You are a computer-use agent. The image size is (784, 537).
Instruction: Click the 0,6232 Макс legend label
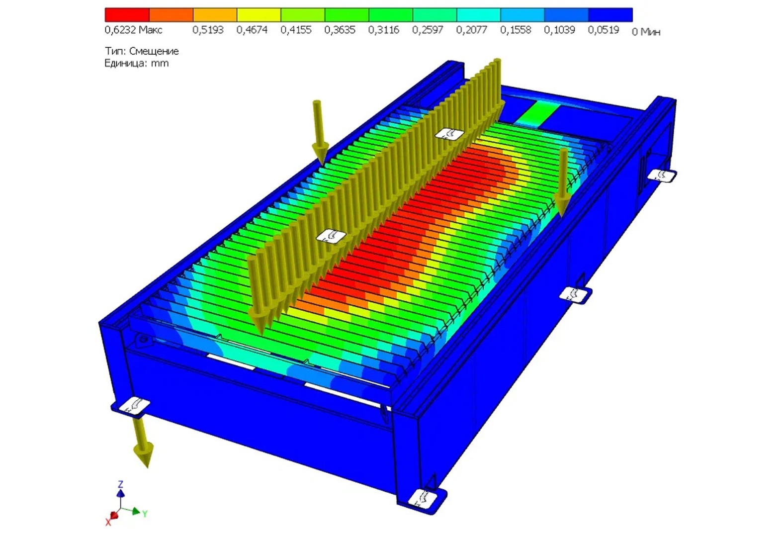click(x=133, y=30)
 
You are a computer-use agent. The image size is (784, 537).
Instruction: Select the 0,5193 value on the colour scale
click(x=208, y=30)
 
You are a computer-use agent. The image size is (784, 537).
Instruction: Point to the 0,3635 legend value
click(x=340, y=30)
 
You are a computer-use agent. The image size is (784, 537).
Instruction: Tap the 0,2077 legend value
click(x=471, y=30)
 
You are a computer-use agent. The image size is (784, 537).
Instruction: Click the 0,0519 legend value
click(x=604, y=30)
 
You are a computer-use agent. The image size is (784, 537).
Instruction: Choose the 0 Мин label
click(x=646, y=32)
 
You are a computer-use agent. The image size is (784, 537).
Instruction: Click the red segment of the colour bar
click(x=127, y=15)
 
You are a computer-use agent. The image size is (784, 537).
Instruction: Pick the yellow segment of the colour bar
click(x=259, y=15)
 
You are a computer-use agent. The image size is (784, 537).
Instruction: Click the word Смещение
click(x=154, y=51)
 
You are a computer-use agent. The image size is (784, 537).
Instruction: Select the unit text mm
click(x=160, y=64)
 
